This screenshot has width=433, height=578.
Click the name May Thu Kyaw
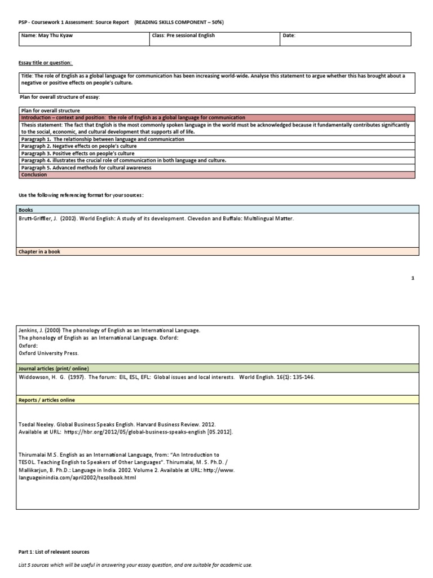point(50,35)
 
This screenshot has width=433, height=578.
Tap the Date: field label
point(289,35)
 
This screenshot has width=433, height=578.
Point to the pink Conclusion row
point(34,175)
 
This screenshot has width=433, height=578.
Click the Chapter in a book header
point(40,252)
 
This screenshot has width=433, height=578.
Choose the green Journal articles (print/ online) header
point(54,368)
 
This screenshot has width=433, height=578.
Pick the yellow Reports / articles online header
point(47,400)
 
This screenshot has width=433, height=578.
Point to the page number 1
point(413,278)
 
